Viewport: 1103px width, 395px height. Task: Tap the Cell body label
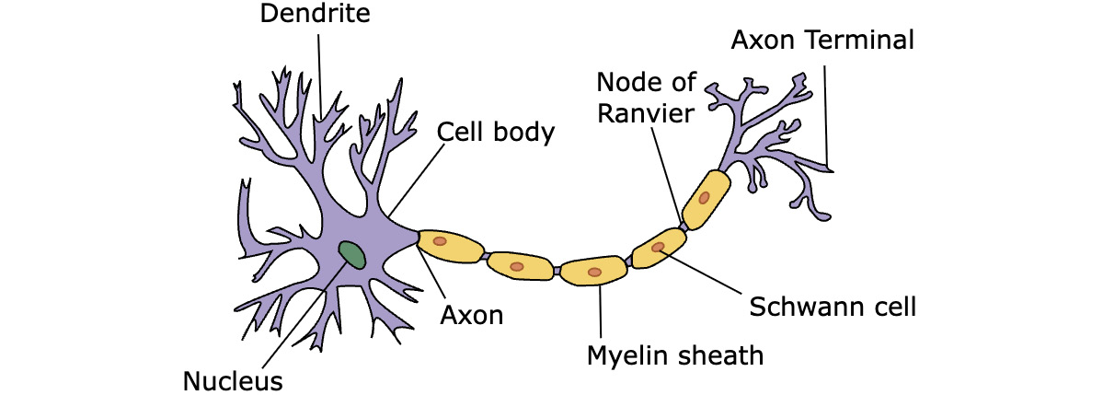[496, 133]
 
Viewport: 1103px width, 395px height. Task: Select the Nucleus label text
[232, 379]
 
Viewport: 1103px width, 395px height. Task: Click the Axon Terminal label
[822, 41]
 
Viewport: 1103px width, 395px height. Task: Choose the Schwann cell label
[833, 307]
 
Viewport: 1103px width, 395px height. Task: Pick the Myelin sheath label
[675, 354]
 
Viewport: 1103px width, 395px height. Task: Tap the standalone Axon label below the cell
[471, 315]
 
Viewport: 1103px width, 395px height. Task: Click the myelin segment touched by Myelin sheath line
[594, 273]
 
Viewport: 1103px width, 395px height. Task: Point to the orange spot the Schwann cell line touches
[658, 247]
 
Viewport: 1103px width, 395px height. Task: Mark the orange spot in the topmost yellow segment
[704, 197]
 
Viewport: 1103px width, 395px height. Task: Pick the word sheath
[720, 354]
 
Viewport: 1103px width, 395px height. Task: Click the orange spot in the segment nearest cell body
[440, 241]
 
